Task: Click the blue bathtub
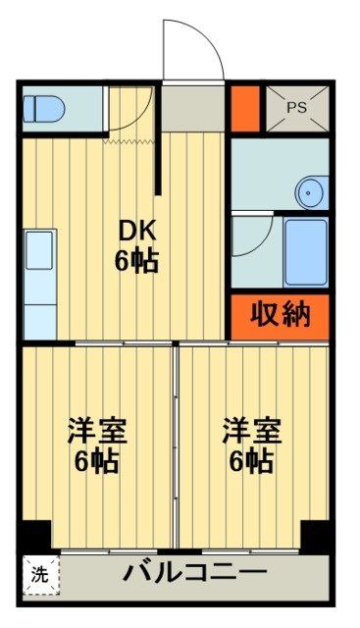tap(305, 252)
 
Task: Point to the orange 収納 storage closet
tap(280, 315)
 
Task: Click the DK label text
tap(138, 231)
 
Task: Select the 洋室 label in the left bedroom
tap(96, 430)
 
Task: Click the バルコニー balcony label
tap(194, 571)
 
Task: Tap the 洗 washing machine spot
tap(38, 573)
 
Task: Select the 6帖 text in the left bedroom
tap(96, 461)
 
